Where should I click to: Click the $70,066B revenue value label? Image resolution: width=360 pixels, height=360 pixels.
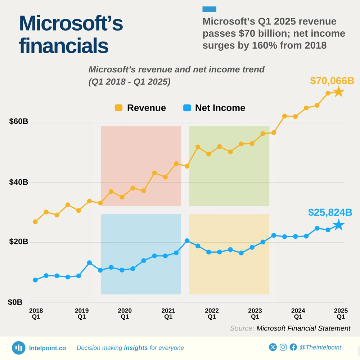tap(332, 81)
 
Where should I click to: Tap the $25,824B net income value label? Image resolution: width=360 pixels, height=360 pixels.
tap(330, 213)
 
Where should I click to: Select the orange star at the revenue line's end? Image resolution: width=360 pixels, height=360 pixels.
tap(338, 92)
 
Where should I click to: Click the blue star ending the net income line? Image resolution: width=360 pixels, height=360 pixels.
tap(338, 225)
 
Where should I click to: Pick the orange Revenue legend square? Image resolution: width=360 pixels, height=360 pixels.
tap(118, 108)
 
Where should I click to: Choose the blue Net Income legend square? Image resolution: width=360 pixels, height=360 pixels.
tap(187, 108)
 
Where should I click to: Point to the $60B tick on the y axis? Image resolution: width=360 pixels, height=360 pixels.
tap(19, 122)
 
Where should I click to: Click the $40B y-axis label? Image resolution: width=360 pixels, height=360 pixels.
tap(19, 182)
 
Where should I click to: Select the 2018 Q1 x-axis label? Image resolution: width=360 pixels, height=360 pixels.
tap(36, 314)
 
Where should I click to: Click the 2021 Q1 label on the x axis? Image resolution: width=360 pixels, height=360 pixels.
tap(168, 314)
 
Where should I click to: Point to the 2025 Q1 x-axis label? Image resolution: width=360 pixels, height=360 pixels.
tap(341, 314)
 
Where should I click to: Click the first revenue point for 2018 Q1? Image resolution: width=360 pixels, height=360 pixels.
tap(35, 222)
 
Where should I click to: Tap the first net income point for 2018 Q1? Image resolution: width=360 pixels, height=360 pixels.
tap(35, 280)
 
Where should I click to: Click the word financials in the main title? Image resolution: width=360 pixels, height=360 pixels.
tap(63, 46)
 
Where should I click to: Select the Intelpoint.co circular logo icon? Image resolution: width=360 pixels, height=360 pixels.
tap(19, 348)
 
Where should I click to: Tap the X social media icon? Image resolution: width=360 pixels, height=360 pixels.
tap(273, 347)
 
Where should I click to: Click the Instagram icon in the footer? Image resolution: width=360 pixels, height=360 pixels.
tap(283, 347)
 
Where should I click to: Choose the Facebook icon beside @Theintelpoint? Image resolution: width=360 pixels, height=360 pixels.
tap(293, 347)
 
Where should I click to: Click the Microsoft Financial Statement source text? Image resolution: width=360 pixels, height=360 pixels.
tap(303, 328)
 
